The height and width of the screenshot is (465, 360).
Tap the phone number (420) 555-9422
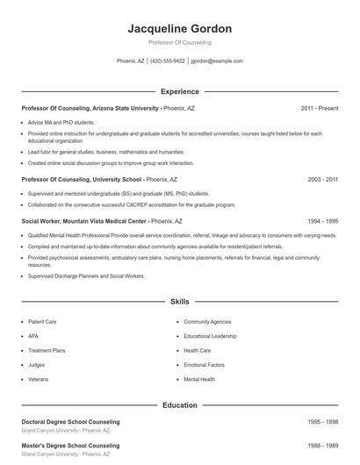(168, 61)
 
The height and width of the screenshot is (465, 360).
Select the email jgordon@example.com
(217, 61)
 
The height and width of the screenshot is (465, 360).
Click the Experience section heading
(180, 91)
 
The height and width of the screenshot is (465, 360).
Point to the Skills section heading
(180, 302)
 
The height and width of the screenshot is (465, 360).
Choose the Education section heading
(180, 405)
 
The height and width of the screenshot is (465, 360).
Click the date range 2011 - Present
(319, 108)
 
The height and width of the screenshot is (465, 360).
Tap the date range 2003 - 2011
(322, 179)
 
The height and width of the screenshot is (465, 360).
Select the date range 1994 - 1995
(322, 222)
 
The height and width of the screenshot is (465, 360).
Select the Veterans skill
(39, 379)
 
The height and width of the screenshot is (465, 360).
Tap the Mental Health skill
(199, 379)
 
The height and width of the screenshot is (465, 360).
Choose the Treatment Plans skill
(47, 350)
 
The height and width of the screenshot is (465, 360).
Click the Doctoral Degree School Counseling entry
(70, 422)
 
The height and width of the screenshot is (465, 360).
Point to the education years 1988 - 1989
(322, 447)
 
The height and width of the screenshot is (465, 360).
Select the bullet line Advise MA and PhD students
(61, 123)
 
